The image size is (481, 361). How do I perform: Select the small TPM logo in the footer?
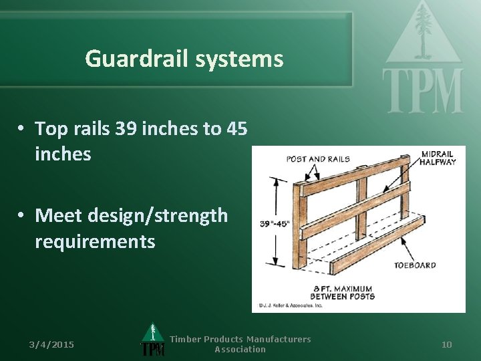click(x=153, y=341)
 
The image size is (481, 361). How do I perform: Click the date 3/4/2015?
click(x=51, y=344)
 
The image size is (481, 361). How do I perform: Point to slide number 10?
click(x=447, y=344)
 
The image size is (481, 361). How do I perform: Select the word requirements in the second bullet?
click(x=95, y=241)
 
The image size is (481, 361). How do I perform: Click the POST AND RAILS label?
click(x=318, y=159)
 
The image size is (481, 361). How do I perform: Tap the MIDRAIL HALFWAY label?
click(x=438, y=158)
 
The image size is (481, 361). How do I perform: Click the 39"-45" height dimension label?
click(x=276, y=224)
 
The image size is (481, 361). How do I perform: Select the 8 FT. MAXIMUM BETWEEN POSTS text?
click(x=343, y=292)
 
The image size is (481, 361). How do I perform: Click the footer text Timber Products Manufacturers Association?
click(x=240, y=344)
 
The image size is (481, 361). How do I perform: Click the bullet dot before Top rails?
click(x=22, y=128)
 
